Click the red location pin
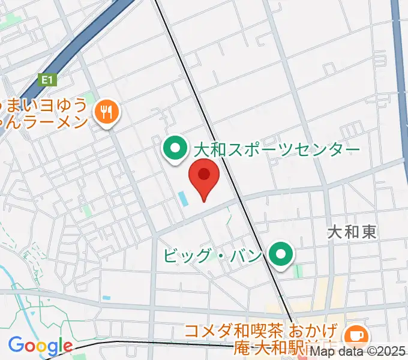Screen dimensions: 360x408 coord(204,179)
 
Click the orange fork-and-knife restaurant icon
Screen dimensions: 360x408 coord(107,112)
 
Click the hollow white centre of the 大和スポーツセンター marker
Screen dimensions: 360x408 coord(176,146)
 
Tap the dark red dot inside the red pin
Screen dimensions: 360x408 coord(204,174)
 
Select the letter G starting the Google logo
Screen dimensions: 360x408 coord(15,346)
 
